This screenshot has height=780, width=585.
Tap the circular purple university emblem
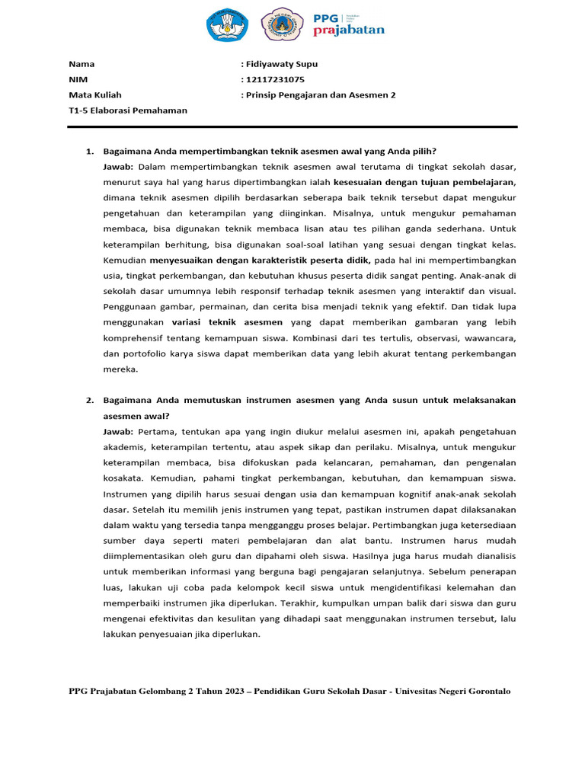click(281, 24)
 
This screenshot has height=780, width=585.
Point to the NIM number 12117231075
click(275, 79)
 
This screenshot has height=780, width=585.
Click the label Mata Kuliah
click(94, 95)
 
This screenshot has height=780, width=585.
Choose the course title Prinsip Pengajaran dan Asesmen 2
click(321, 95)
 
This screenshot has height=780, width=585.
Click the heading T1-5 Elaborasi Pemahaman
click(127, 110)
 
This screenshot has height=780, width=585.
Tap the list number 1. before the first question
click(89, 151)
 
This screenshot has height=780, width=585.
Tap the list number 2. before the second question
click(89, 400)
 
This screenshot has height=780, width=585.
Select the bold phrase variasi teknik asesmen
click(227, 322)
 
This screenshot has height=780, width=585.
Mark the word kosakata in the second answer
click(123, 478)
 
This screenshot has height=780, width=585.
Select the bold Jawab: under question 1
click(118, 166)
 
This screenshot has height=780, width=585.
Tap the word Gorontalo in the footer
click(485, 691)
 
